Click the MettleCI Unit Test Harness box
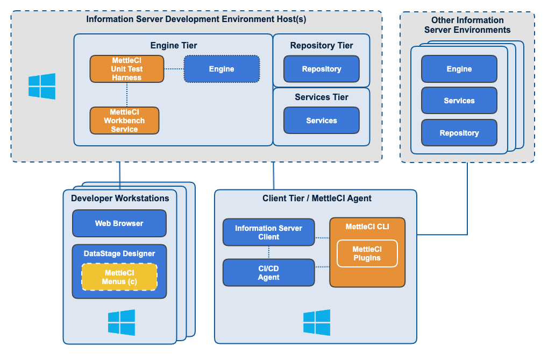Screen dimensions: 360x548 [x=126, y=69]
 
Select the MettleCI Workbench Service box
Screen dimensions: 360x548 [x=124, y=121]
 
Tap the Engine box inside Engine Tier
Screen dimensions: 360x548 [x=222, y=69]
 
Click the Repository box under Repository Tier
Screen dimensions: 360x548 [x=321, y=69]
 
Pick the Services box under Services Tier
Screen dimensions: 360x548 [x=321, y=121]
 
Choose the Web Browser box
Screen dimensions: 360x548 [x=119, y=223]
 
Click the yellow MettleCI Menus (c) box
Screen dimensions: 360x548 [x=119, y=277]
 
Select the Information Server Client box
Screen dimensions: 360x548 [x=268, y=232]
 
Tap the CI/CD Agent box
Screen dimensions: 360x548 [x=268, y=273]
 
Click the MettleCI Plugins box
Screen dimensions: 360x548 [x=367, y=253]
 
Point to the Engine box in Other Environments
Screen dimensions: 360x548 [x=459, y=69]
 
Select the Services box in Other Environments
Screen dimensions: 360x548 [x=459, y=101]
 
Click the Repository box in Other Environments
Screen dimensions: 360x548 [x=459, y=133]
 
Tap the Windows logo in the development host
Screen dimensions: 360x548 [x=42, y=87]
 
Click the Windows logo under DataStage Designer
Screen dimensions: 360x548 [x=122, y=322]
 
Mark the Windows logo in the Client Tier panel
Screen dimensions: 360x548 [x=317, y=322]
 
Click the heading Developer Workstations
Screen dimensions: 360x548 [x=120, y=199]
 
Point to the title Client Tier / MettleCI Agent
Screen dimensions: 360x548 [x=317, y=199]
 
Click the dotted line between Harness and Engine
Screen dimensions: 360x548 [x=174, y=69]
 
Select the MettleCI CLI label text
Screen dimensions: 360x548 [x=367, y=227]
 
